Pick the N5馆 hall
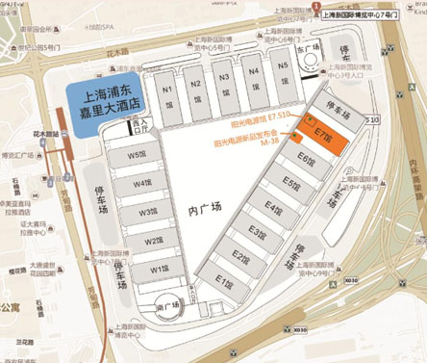283,67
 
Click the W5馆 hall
137,156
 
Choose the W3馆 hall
147,212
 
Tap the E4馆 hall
274,210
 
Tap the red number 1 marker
316,7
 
